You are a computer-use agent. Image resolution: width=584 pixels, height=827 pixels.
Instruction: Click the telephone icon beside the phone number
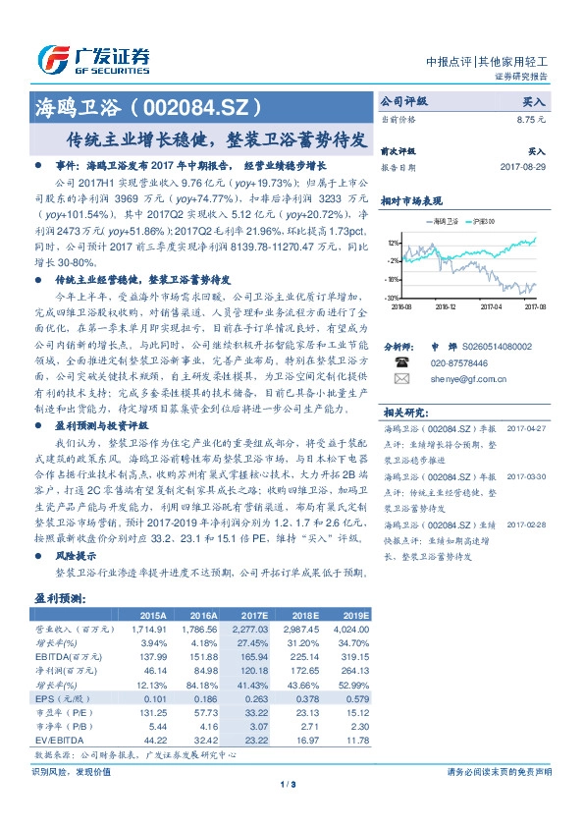pos(401,361)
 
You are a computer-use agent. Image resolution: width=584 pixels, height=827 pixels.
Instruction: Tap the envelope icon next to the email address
pos(401,377)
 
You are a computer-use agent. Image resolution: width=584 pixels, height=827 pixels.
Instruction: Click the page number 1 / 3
pos(289,783)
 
